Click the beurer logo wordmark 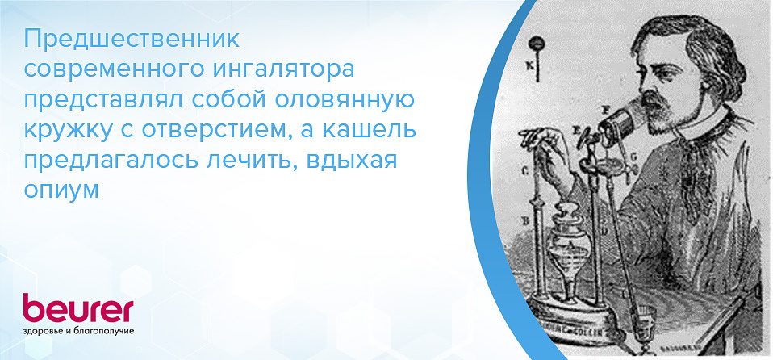tap(77, 308)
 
